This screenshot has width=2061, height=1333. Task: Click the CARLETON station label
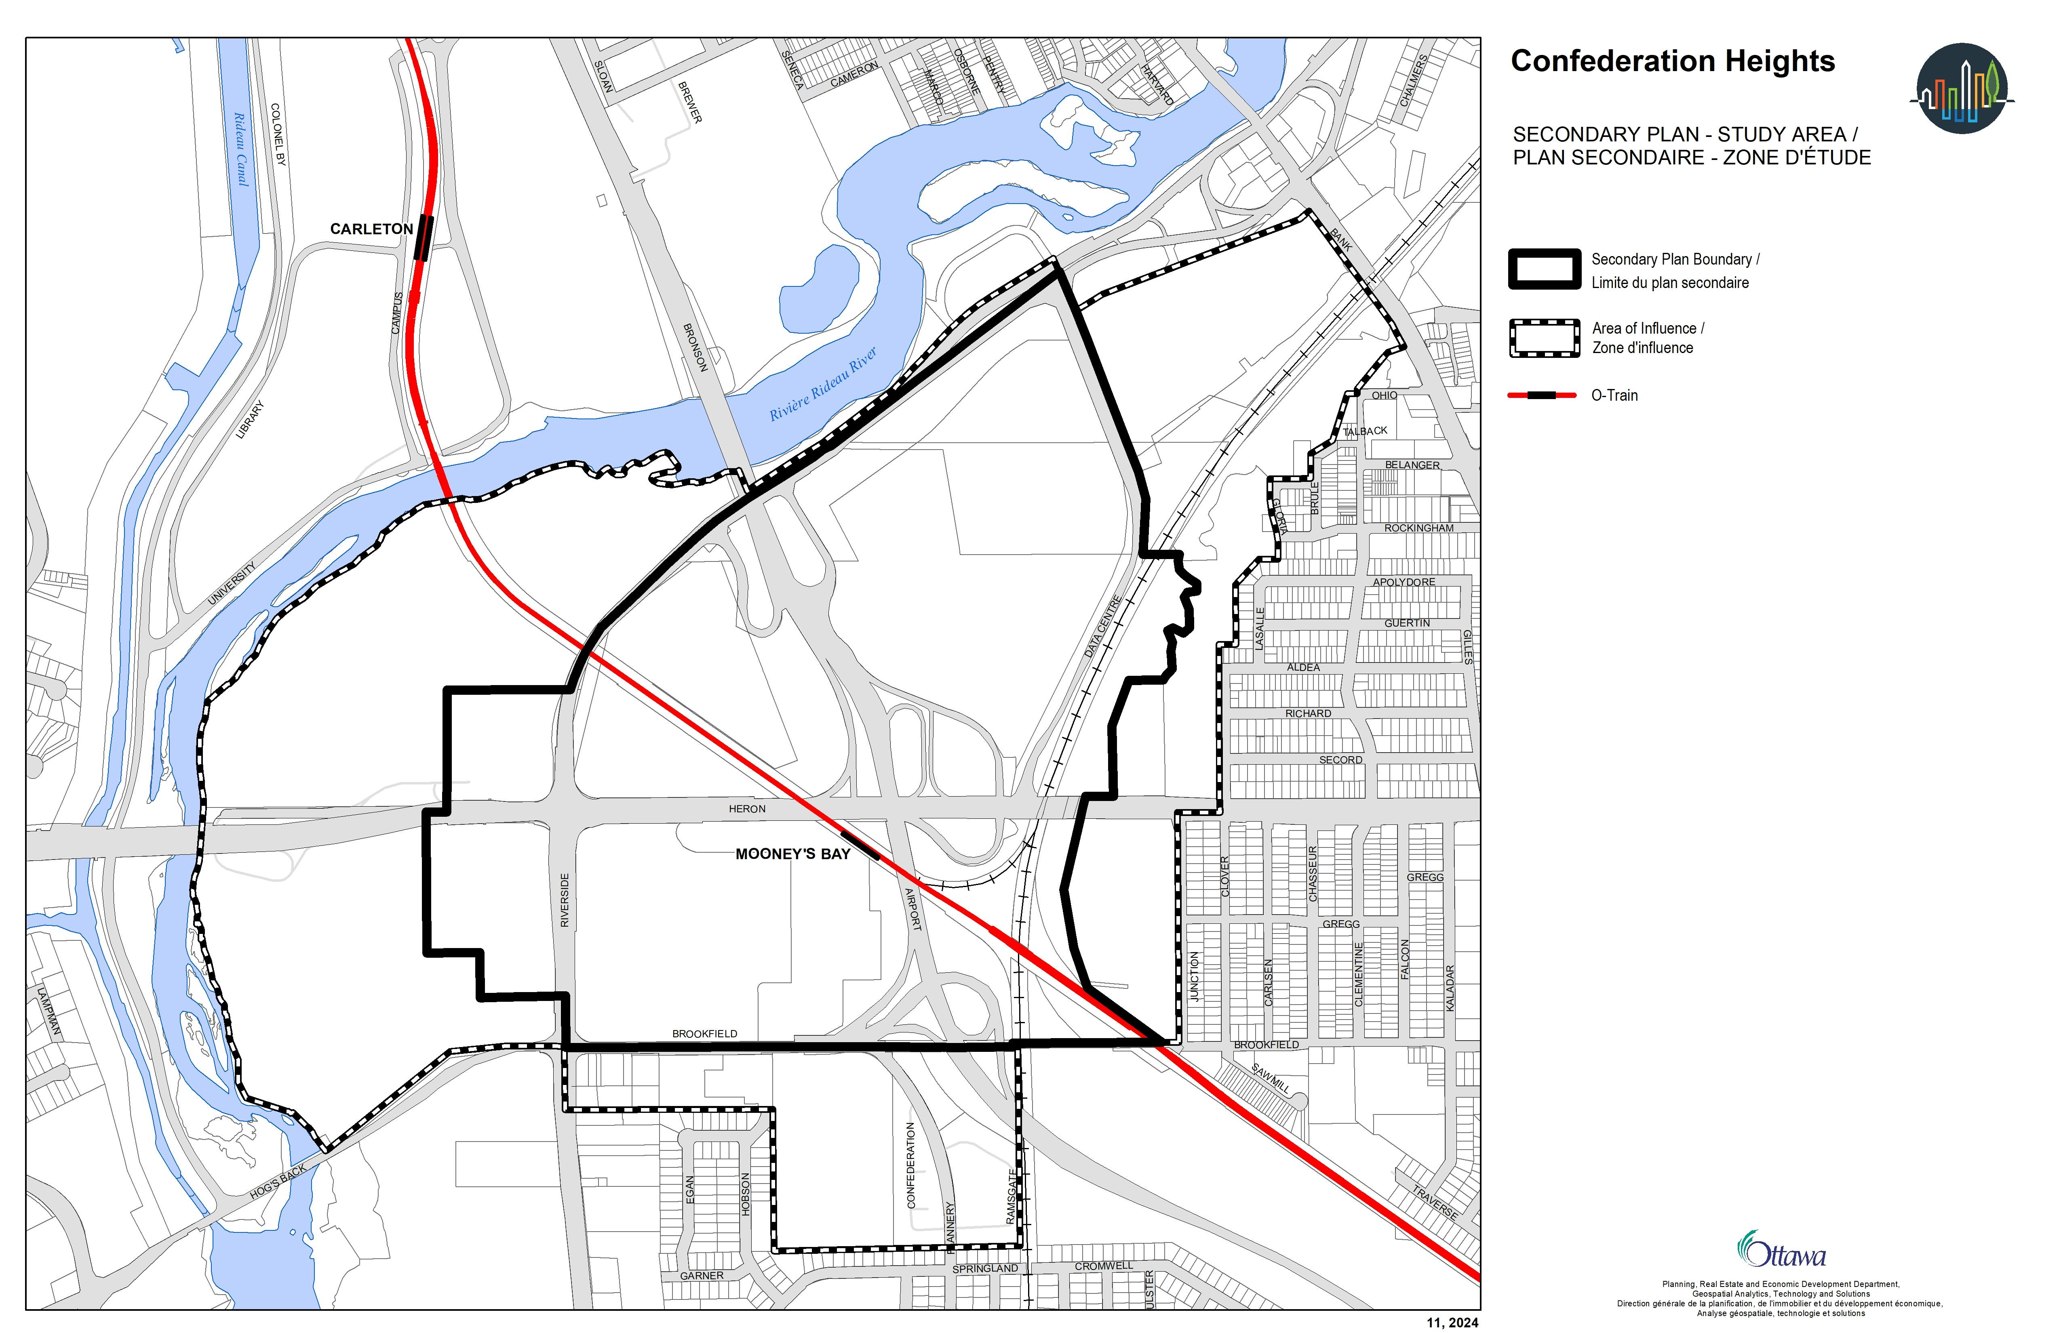point(371,229)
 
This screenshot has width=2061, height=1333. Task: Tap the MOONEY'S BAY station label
point(792,854)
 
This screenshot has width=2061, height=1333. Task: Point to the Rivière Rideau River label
point(823,383)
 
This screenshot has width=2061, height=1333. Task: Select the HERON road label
point(746,809)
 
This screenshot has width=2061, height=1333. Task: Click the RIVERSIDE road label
point(565,900)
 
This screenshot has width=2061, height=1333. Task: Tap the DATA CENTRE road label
point(1103,626)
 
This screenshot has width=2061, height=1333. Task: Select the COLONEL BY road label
point(278,134)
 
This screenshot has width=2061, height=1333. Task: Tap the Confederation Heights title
point(1672,61)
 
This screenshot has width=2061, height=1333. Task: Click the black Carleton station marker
point(423,238)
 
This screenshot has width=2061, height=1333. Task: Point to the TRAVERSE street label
point(1435,1201)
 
